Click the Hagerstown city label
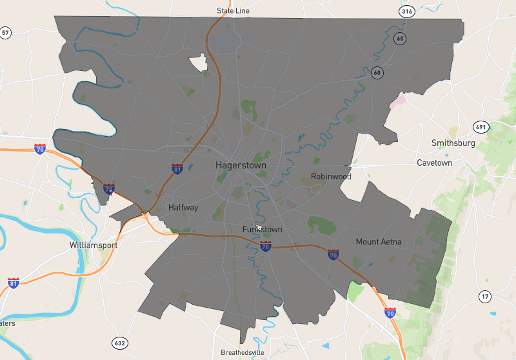(241, 165)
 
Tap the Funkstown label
(262, 230)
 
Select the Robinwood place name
(331, 176)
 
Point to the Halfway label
(183, 207)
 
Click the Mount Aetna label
(379, 242)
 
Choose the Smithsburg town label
(453, 143)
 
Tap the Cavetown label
(434, 163)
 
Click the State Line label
(233, 11)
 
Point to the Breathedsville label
(242, 353)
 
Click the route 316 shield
(406, 12)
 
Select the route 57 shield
(6, 32)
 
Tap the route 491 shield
(479, 126)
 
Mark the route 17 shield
(485, 296)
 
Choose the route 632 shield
(119, 343)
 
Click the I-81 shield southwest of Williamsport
(14, 283)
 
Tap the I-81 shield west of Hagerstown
(177, 169)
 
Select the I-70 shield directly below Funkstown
(265, 246)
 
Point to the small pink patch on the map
(398, 100)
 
